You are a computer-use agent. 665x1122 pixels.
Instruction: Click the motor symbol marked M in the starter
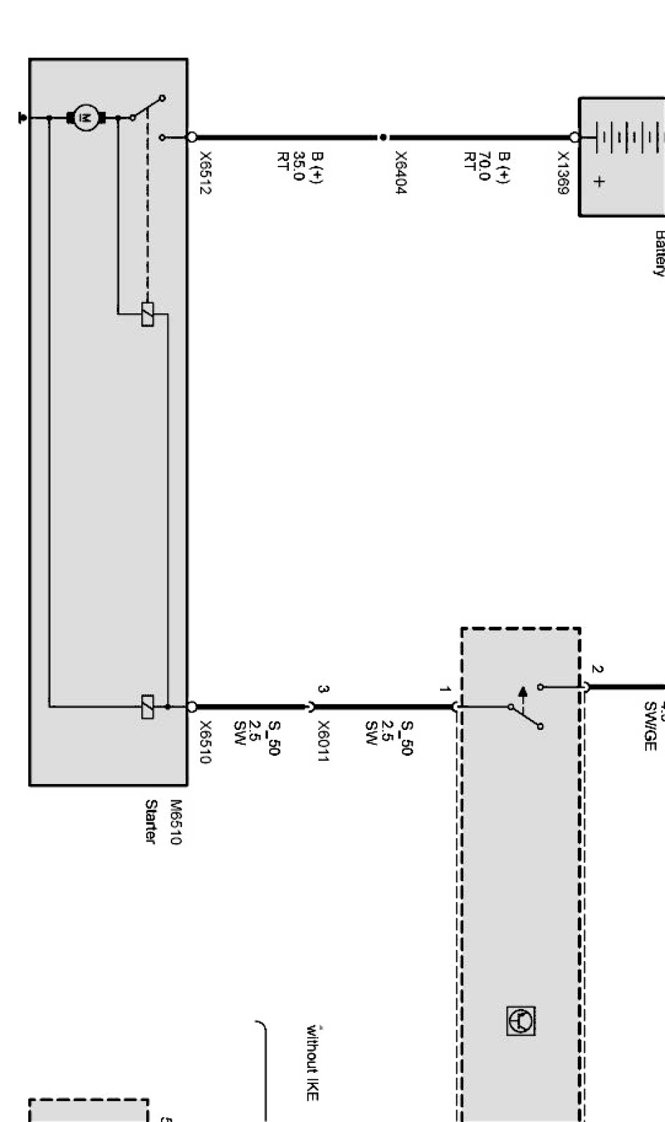point(86,117)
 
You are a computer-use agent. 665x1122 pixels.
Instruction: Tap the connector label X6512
point(205,173)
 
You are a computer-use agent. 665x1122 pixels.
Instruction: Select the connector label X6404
point(400,172)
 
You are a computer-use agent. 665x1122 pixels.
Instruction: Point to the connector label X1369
point(564,173)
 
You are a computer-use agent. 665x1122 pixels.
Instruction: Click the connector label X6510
point(205,742)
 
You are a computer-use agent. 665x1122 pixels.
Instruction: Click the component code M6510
point(175,822)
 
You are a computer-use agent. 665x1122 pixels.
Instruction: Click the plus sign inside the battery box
point(599,181)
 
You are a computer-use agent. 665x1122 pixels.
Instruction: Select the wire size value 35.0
point(298,167)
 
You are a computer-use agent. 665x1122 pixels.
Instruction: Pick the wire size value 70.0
point(484,167)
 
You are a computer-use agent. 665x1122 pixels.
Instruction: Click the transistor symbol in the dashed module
point(521,1021)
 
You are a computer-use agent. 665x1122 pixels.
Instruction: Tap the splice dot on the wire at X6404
point(382,138)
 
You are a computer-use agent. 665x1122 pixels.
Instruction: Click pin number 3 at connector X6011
point(322,689)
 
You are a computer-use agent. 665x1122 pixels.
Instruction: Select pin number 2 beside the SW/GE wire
point(597,670)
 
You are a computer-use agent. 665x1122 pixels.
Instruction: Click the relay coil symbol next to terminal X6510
point(148,707)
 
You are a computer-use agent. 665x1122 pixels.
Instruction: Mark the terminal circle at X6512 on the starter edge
point(191,138)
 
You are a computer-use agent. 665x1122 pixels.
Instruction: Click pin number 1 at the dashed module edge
point(444,689)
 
